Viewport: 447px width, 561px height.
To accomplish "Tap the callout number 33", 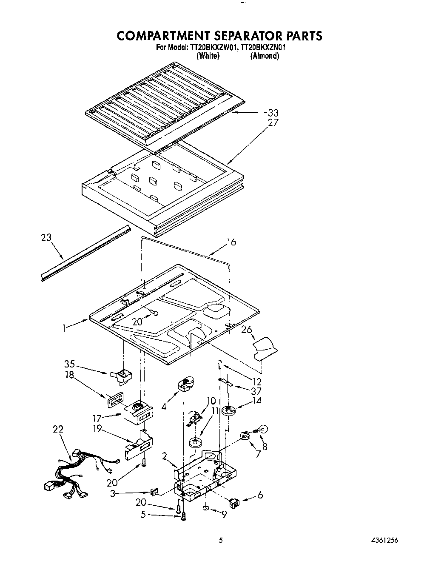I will pos(273,113).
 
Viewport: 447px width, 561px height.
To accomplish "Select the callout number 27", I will pos(273,122).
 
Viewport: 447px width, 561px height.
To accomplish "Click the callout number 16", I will pos(231,242).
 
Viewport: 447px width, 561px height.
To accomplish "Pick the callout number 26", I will pos(246,330).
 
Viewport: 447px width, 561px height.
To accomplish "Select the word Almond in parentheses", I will pos(265,56).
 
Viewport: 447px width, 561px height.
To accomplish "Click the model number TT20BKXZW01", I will pos(209,48).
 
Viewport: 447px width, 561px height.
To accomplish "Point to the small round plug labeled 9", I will pos(205,507).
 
